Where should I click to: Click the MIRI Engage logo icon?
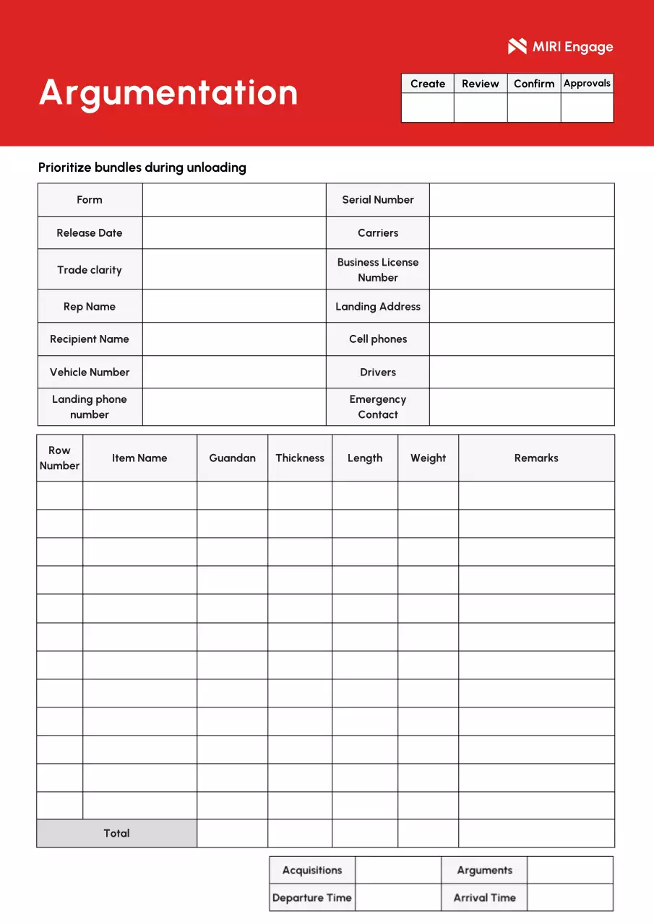point(517,47)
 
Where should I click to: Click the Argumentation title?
point(168,93)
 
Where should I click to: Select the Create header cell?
point(428,84)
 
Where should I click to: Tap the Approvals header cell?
point(587,84)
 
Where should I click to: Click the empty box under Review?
point(481,108)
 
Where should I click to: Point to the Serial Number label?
point(378,200)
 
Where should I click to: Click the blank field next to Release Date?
point(234,233)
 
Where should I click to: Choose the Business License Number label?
point(378,270)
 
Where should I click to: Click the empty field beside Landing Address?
point(522,307)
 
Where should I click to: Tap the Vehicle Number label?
point(90,372)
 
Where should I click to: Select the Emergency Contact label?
point(378,407)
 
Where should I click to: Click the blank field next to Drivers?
point(522,372)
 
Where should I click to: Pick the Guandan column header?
point(232,458)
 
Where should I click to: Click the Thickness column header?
point(300,458)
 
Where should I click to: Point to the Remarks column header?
point(536,458)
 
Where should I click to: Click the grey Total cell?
point(116,834)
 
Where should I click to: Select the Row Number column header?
point(60,458)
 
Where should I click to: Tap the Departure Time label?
point(312,898)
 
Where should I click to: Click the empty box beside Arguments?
point(570,871)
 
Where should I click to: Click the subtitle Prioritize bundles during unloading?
point(142,167)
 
